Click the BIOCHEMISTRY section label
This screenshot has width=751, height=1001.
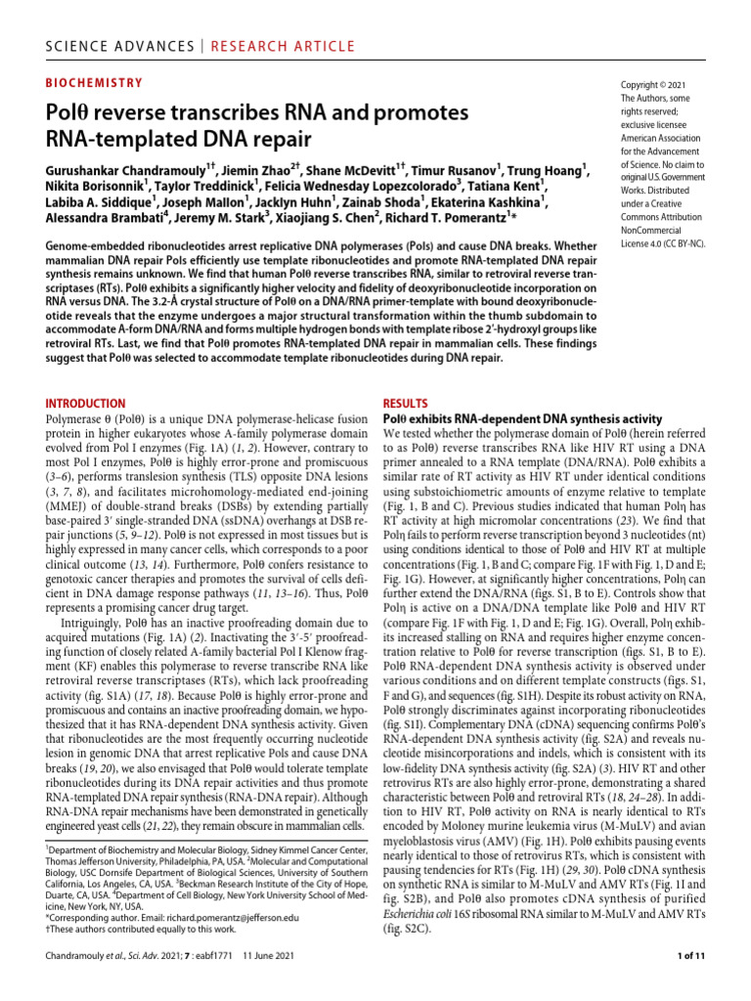point(95,85)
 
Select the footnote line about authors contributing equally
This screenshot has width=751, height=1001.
point(149,932)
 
